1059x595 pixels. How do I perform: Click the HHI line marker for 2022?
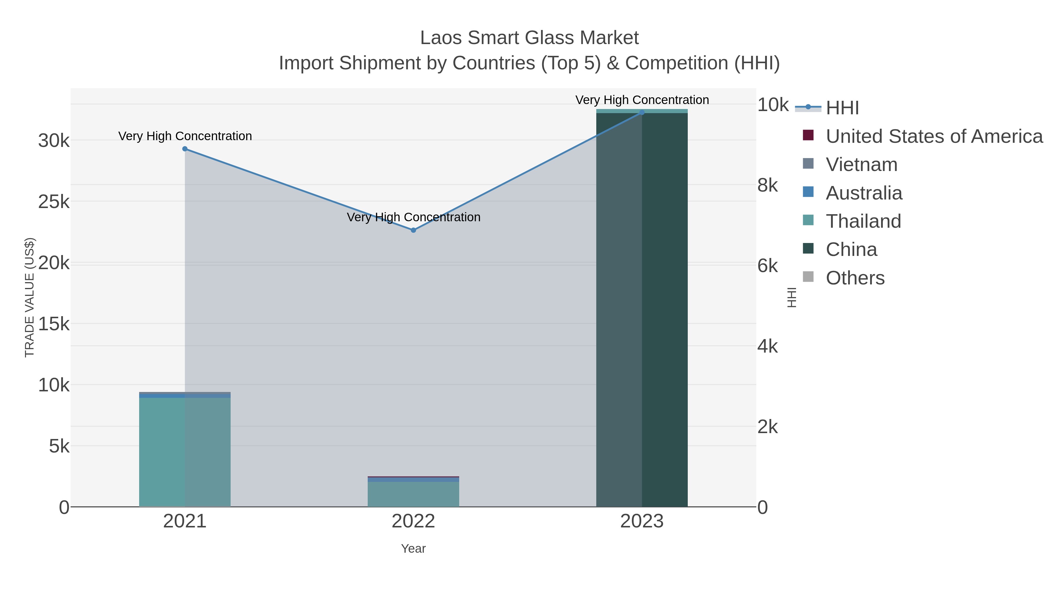[x=413, y=230]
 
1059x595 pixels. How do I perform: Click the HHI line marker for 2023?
[x=642, y=112]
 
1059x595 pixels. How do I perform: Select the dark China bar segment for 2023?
[x=642, y=308]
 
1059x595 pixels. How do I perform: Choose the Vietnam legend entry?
[x=861, y=165]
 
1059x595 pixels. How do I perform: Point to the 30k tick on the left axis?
[x=54, y=141]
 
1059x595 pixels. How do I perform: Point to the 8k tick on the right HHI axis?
[x=767, y=186]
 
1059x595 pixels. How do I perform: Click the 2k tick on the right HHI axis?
[x=767, y=427]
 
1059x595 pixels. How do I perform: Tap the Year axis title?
[x=413, y=549]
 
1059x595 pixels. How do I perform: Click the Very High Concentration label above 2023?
[x=642, y=100]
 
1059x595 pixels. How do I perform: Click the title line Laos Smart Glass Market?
[x=529, y=38]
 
